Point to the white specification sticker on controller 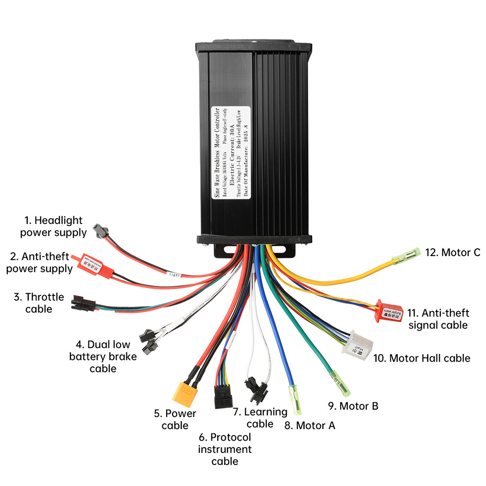click(x=230, y=151)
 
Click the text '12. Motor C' click(x=452, y=252)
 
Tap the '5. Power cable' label click(x=175, y=419)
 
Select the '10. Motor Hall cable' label click(x=421, y=358)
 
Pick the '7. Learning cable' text click(x=260, y=417)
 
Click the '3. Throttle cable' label click(x=38, y=302)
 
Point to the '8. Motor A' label click(x=310, y=426)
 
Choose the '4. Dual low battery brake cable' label click(x=103, y=356)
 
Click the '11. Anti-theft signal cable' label click(x=438, y=319)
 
